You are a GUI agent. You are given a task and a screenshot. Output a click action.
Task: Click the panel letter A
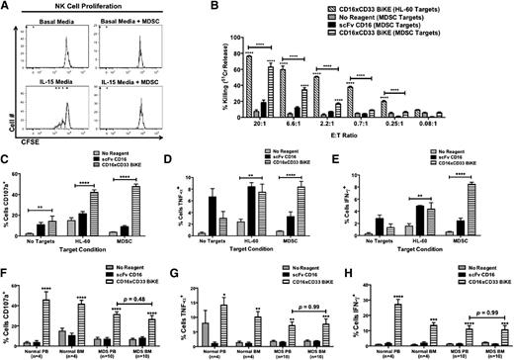[7, 8]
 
